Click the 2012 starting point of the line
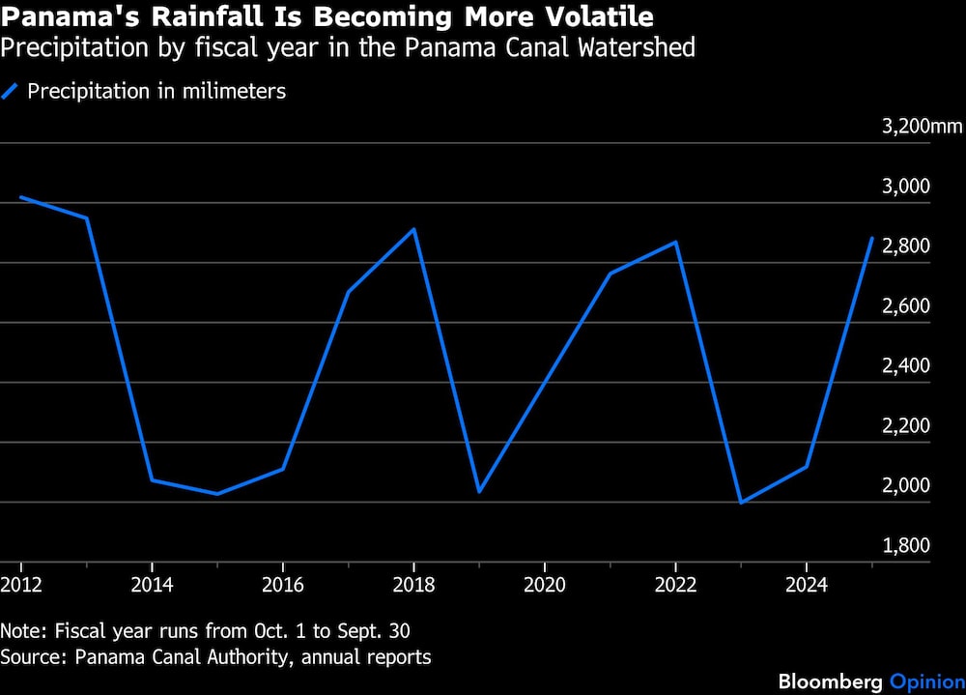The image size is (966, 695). (x=21, y=197)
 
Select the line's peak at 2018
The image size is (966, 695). (x=414, y=229)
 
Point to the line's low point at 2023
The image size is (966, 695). (x=741, y=503)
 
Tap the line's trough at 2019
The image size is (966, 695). (x=479, y=491)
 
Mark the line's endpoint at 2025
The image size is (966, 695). (x=871, y=238)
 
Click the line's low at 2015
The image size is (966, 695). (x=217, y=493)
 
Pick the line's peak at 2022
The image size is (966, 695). (x=676, y=242)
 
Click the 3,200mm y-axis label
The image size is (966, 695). (x=922, y=127)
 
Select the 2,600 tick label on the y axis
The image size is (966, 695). (x=906, y=305)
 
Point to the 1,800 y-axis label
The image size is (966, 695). (x=906, y=545)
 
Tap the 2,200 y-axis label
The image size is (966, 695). (x=906, y=425)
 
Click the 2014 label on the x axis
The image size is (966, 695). (x=153, y=585)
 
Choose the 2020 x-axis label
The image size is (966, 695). (x=545, y=585)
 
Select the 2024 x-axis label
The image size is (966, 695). (x=807, y=585)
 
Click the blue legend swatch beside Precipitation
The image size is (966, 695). (x=10, y=91)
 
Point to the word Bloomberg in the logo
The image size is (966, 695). (x=831, y=681)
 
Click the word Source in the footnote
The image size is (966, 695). (x=33, y=657)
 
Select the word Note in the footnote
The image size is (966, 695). (x=24, y=631)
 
